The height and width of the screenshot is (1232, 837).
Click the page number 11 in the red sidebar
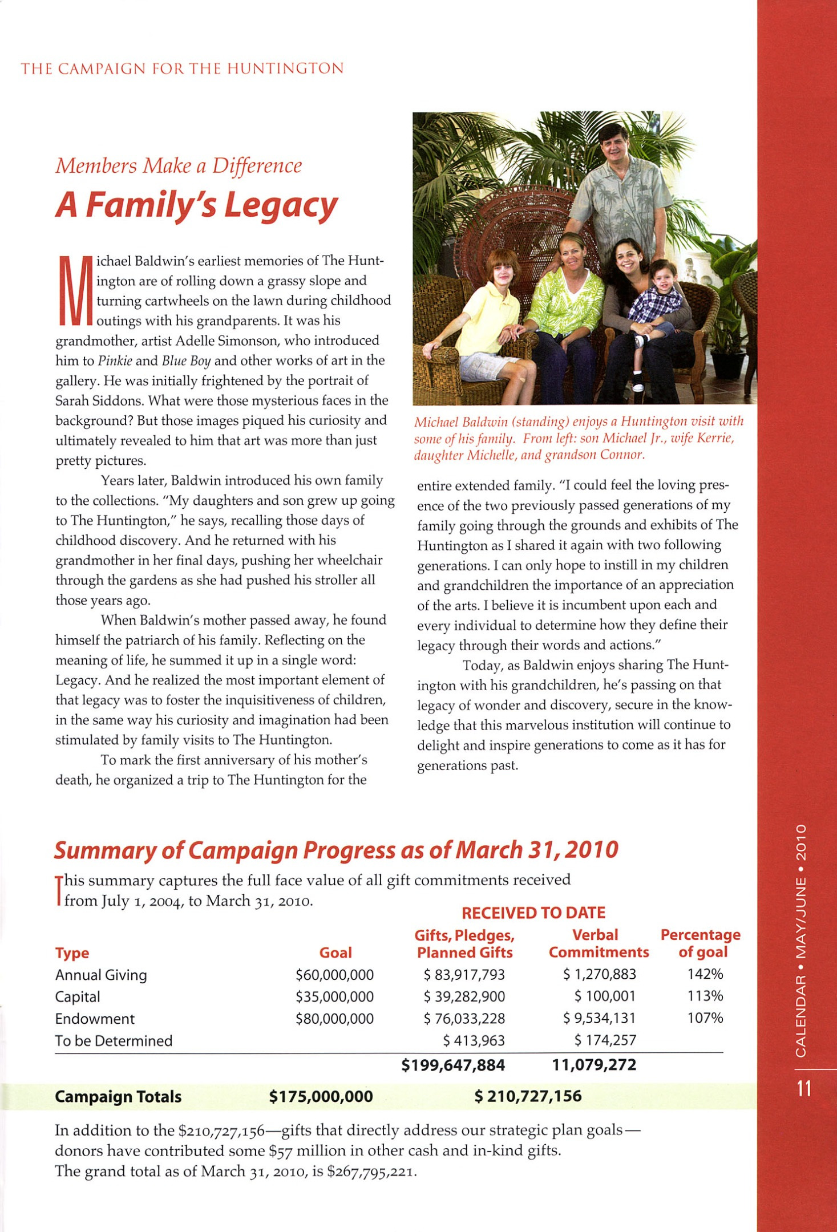[804, 1089]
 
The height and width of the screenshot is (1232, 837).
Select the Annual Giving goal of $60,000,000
[334, 975]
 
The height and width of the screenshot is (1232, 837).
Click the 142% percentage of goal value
[705, 974]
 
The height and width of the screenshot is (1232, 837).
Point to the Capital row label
[78, 997]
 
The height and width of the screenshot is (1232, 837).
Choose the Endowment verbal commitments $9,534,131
[599, 1018]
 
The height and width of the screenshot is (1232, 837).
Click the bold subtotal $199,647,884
[453, 1065]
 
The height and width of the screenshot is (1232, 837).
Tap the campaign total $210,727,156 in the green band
[528, 1096]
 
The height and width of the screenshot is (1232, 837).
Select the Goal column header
[335, 953]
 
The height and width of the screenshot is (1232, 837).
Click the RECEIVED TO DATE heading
[533, 913]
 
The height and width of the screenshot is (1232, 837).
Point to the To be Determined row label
[114, 1041]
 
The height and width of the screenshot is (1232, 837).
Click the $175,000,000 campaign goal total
[321, 1096]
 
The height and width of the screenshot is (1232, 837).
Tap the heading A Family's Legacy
[197, 205]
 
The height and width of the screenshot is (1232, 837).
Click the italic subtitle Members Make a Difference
[179, 166]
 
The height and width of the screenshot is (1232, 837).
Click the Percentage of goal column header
[701, 943]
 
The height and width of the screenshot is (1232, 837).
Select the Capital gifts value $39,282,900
[464, 996]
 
